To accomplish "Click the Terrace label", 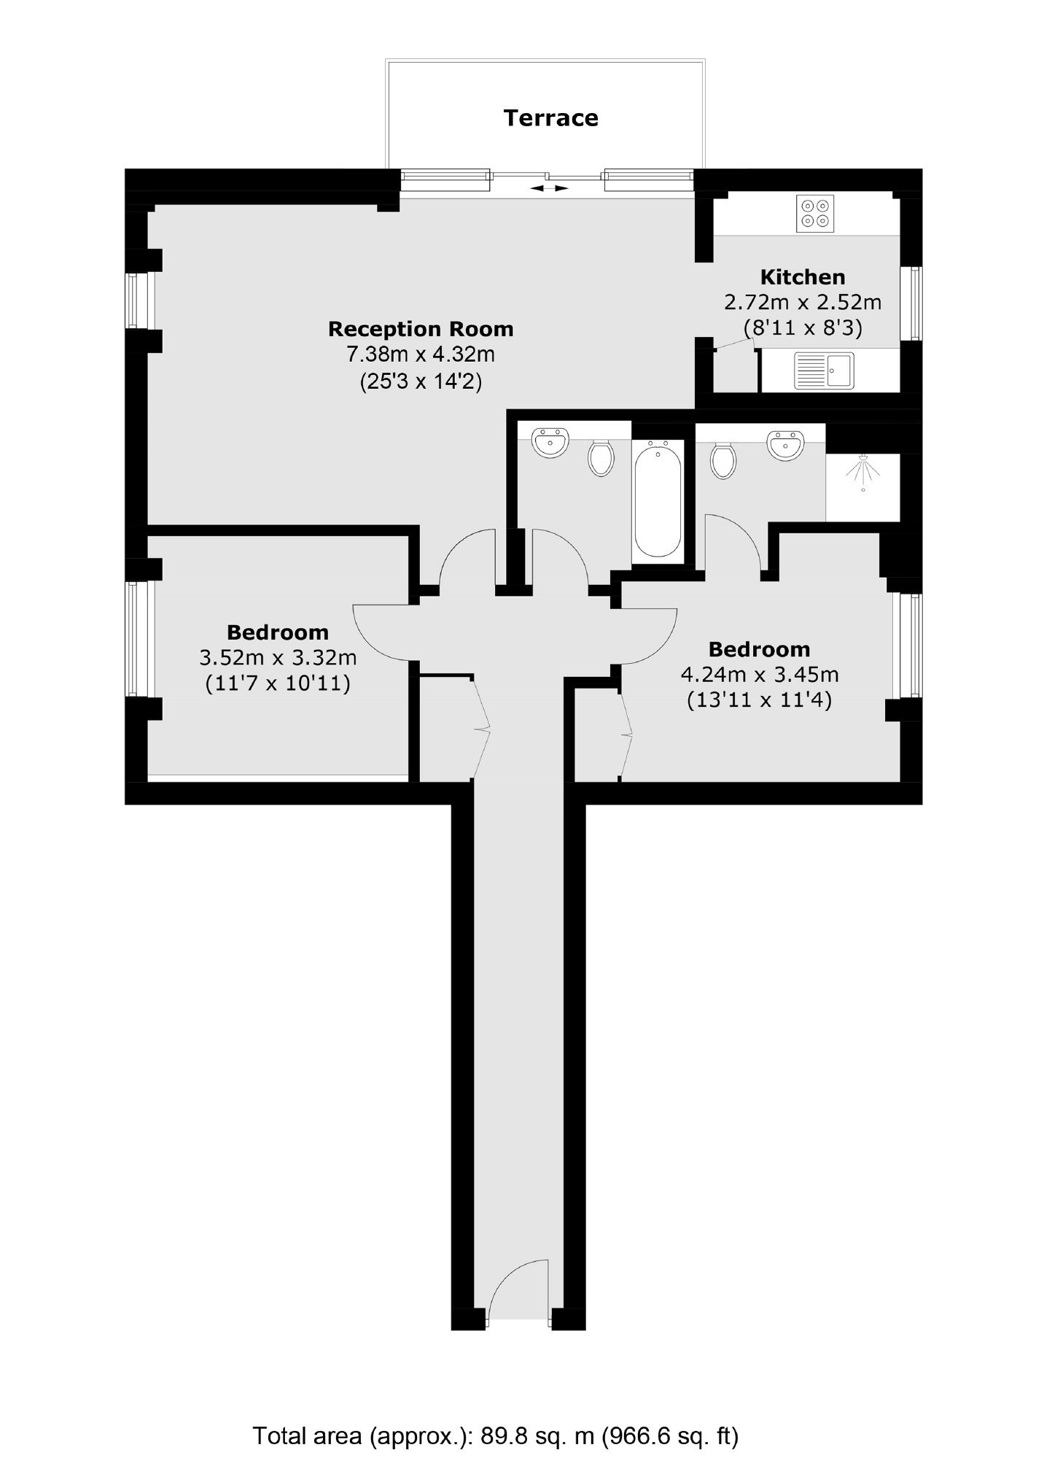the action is [x=550, y=118].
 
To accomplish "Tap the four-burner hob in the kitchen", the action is [x=815, y=213].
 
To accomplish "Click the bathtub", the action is [x=658, y=500].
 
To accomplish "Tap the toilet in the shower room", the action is [x=722, y=460].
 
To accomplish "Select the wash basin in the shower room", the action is [x=785, y=445].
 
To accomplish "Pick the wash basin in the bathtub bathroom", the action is [x=550, y=443].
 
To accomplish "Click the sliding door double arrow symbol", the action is [x=550, y=188].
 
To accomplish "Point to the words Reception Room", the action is [x=421, y=329].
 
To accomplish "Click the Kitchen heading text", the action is [x=803, y=277].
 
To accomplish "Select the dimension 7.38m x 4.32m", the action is [x=421, y=355].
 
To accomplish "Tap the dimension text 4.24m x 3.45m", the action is [x=759, y=674].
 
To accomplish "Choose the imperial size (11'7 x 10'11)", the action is [x=278, y=683].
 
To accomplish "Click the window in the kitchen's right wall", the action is [x=911, y=303].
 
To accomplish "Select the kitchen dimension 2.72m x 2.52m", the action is [x=803, y=302].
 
